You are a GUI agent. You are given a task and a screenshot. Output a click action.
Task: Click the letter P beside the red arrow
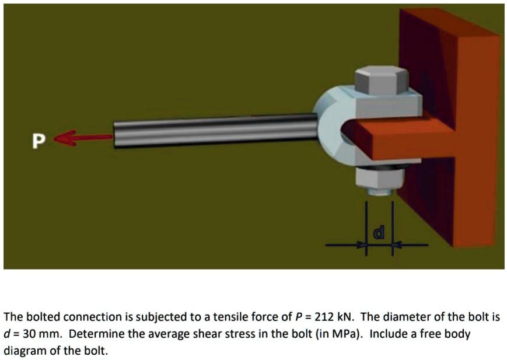pos(38,141)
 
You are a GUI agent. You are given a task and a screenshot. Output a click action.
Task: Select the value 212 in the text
pos(324,318)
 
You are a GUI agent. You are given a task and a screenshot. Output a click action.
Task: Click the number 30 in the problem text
pos(26,335)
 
